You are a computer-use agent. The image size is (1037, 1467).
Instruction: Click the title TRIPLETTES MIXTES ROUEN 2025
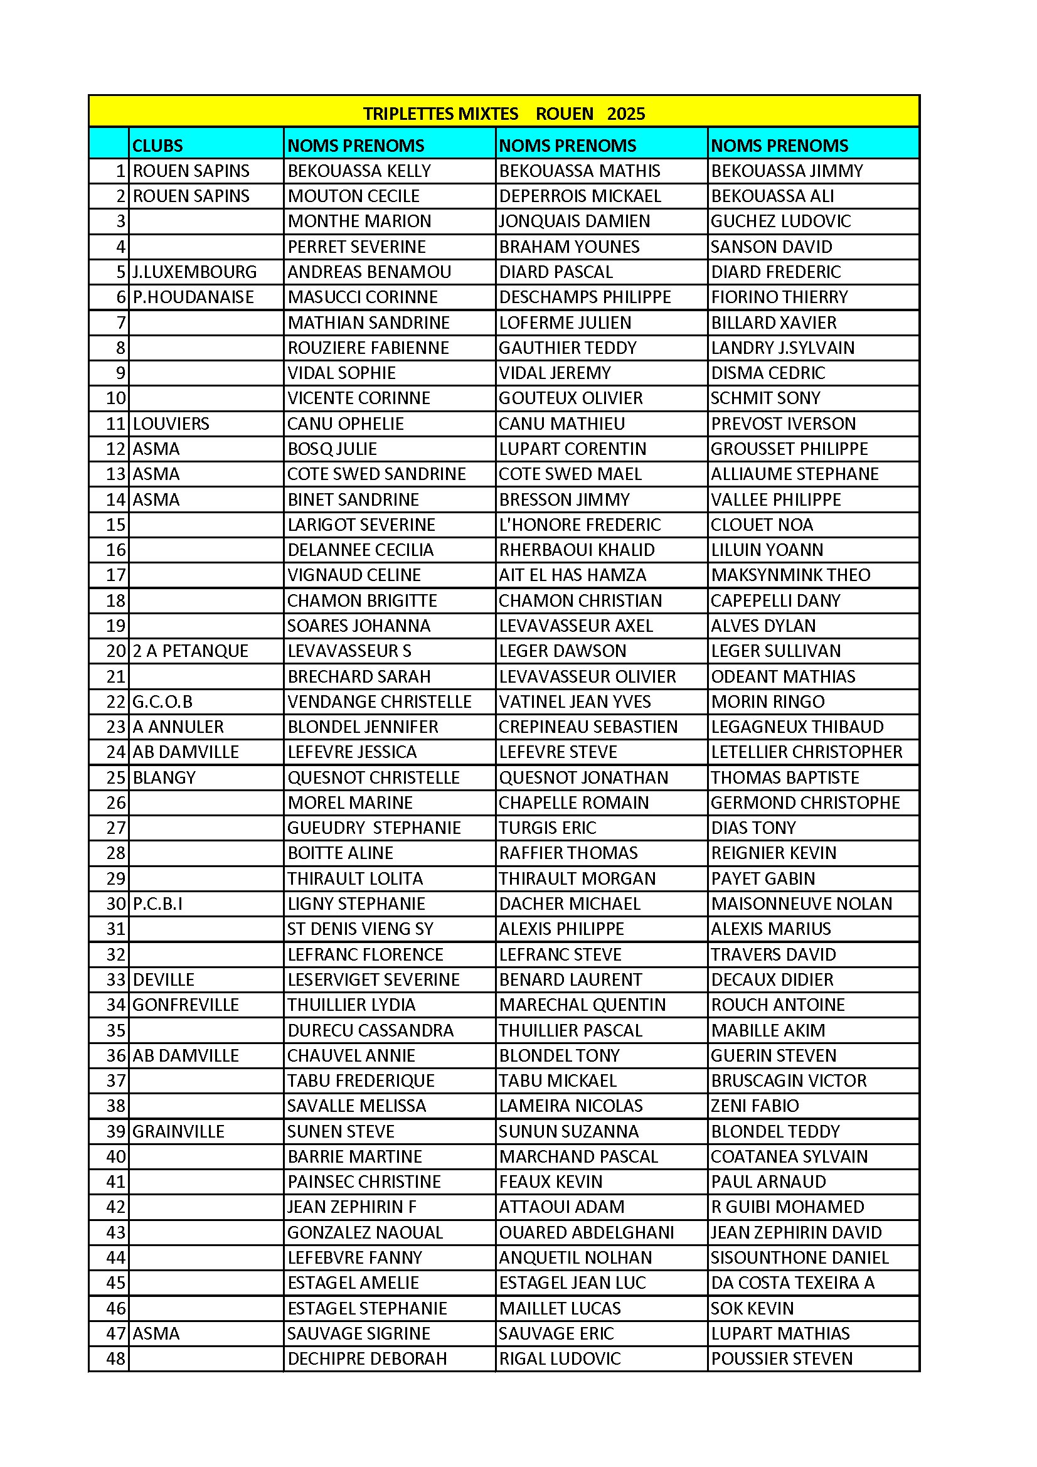(x=504, y=114)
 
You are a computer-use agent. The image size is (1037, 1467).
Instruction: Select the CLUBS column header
(x=157, y=146)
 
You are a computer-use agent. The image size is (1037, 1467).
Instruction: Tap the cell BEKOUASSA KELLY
(x=359, y=171)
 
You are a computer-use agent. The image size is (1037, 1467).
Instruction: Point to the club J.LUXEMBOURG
(x=194, y=272)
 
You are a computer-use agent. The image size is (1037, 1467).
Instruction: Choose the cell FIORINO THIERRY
(x=779, y=297)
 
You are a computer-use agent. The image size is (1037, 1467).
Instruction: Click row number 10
(x=115, y=398)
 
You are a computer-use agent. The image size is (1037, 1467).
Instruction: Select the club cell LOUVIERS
(x=171, y=424)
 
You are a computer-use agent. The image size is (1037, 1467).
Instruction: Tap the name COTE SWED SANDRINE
(x=376, y=474)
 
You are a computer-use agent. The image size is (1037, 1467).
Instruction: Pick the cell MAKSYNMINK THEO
(x=790, y=575)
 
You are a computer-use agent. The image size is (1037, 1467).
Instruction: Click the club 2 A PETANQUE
(x=191, y=651)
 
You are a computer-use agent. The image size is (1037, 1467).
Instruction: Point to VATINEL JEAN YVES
(x=575, y=701)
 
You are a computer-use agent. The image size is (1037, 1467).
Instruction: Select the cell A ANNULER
(x=178, y=727)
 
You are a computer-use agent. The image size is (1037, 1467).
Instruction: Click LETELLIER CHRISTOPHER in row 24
(x=806, y=752)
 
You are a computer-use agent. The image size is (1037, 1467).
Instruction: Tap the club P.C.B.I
(x=157, y=904)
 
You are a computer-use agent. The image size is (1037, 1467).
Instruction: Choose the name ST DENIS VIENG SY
(x=360, y=929)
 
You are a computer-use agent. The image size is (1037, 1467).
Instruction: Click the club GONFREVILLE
(x=185, y=1005)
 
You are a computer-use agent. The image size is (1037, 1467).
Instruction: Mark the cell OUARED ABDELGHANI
(x=586, y=1232)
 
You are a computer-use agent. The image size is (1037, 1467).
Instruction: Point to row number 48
(x=115, y=1359)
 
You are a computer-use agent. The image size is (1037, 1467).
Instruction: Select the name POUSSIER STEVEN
(x=782, y=1359)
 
